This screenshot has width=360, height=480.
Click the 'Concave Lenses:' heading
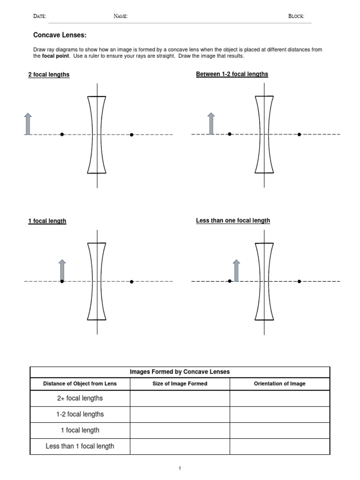[x=60, y=35]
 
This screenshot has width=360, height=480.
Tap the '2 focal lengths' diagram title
[x=49, y=75]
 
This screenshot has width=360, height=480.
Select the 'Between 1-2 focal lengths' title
[x=232, y=74]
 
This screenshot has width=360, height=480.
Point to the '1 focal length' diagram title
[x=47, y=221]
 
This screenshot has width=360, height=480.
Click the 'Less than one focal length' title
[x=233, y=220]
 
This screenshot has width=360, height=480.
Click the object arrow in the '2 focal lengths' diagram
[x=28, y=124]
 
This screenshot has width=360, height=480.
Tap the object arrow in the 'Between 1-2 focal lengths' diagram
[x=211, y=123]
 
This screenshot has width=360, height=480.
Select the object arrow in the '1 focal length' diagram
[x=62, y=270]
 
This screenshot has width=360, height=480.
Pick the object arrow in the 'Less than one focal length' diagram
[x=236, y=270]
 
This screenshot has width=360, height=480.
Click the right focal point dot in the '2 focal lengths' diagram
[x=132, y=135]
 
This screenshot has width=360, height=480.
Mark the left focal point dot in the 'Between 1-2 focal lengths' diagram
[x=230, y=135]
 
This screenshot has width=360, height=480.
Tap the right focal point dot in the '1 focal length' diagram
[x=132, y=282]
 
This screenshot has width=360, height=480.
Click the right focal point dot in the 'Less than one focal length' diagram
[x=300, y=282]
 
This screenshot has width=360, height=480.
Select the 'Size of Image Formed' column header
[x=180, y=383]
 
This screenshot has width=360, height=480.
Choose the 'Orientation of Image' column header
[x=279, y=383]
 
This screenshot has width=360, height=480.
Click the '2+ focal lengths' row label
[x=80, y=398]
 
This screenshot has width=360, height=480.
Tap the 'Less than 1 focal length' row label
[x=80, y=446]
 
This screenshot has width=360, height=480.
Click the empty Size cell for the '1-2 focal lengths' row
[x=180, y=414]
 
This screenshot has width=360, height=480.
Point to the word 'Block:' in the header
[x=296, y=16]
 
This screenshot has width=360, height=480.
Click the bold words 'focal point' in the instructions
[x=56, y=56]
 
